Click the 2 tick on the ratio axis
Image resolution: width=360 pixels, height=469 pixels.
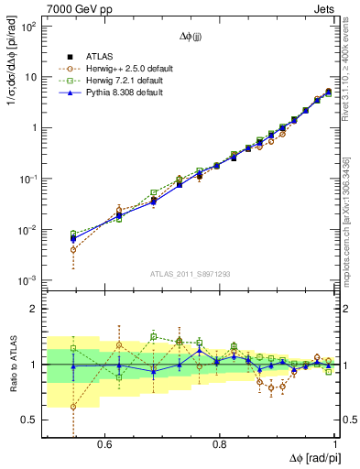[34, 309]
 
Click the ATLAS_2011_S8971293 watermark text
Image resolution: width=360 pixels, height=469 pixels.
[191, 274]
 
